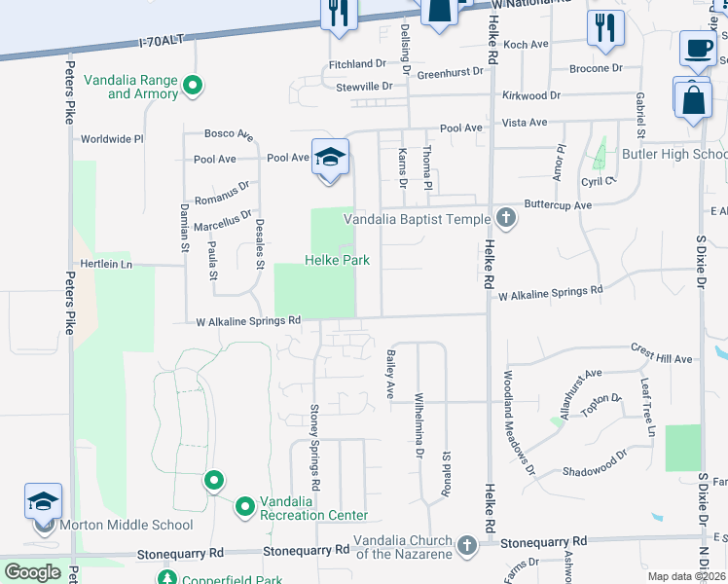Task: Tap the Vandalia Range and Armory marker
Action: click(193, 87)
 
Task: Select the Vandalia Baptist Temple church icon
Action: click(504, 218)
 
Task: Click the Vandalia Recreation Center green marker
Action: click(244, 506)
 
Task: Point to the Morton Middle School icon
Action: click(44, 501)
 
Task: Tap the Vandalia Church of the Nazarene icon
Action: click(468, 546)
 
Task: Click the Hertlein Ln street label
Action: click(105, 264)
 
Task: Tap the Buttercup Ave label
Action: click(558, 205)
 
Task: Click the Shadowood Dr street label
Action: click(597, 471)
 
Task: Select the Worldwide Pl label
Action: click(112, 139)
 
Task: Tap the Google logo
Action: click(32, 572)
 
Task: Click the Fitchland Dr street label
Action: click(357, 63)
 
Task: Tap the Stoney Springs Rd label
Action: click(314, 446)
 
